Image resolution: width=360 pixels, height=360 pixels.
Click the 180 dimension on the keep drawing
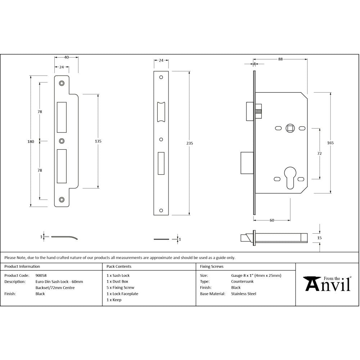click(31, 141)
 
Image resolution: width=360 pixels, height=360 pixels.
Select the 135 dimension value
click(98, 141)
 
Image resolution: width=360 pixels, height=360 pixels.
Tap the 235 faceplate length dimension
click(190, 143)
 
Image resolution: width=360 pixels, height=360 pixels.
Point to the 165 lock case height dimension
click(330, 143)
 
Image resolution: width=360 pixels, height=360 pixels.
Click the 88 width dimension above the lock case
click(280, 60)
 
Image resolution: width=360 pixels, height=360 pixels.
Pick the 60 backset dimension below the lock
click(272, 220)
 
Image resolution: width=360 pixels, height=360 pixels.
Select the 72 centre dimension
click(319, 153)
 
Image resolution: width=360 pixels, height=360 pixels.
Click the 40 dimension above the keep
click(67, 57)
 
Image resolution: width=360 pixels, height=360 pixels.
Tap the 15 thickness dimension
click(320, 238)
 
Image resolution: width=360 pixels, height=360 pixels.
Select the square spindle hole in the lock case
click(290, 128)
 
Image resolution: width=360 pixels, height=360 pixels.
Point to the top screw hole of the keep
click(62, 83)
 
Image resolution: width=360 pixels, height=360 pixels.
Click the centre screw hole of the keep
click(62, 141)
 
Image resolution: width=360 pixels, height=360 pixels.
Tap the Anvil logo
click(327, 283)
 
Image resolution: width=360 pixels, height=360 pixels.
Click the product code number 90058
click(41, 275)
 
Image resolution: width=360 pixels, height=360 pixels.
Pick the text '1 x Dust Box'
click(117, 282)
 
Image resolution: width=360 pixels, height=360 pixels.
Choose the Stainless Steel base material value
click(244, 294)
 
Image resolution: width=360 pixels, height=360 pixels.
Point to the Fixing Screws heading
click(212, 267)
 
